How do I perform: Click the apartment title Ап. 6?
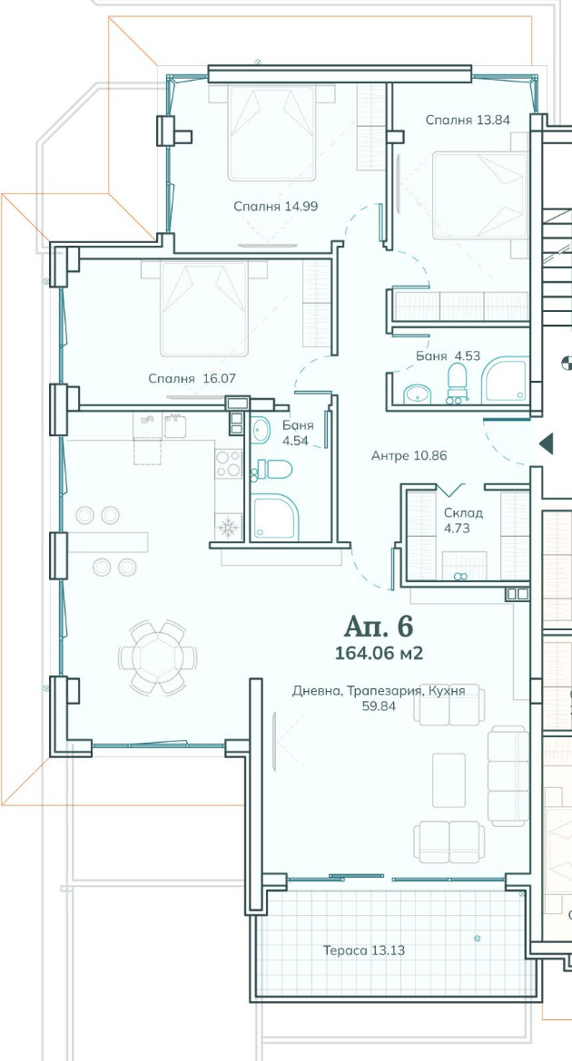[x=379, y=627]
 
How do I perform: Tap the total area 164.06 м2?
[x=379, y=653]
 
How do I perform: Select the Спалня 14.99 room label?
[x=276, y=207]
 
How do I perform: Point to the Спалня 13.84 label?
[x=468, y=120]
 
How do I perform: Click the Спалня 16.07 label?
[x=192, y=379]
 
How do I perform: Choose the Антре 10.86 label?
[x=409, y=456]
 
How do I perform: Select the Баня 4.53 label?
[x=448, y=355]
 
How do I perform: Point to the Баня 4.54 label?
[x=299, y=433]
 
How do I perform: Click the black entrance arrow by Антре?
[x=547, y=443]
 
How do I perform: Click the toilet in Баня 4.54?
[x=271, y=469]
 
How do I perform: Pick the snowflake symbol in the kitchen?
[x=229, y=527]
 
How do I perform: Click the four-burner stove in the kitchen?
[x=229, y=464]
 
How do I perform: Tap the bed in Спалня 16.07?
[x=203, y=308]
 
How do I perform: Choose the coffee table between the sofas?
[x=449, y=780]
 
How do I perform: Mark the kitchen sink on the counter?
[x=175, y=426]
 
